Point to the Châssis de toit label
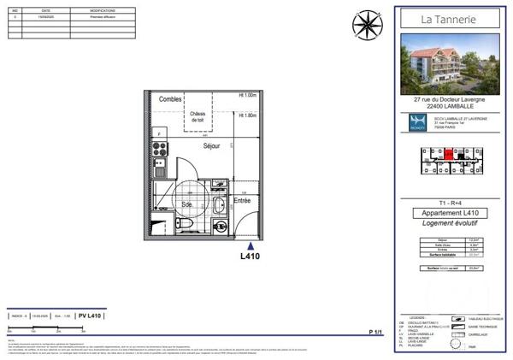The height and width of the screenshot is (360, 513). pyautogui.click(x=198, y=117)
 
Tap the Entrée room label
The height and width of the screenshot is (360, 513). pyautogui.click(x=243, y=200)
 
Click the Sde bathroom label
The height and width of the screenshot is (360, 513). pyautogui.click(x=186, y=206)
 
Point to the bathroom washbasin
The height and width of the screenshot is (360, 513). pyautogui.click(x=220, y=204)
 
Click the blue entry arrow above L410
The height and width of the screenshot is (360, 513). pyautogui.click(x=250, y=242)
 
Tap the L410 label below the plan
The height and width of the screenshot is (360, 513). pyautogui.click(x=250, y=256)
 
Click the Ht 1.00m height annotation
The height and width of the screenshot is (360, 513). pyautogui.click(x=248, y=96)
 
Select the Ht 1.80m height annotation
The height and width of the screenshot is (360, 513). pyautogui.click(x=248, y=115)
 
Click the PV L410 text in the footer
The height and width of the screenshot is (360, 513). pyautogui.click(x=90, y=316)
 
